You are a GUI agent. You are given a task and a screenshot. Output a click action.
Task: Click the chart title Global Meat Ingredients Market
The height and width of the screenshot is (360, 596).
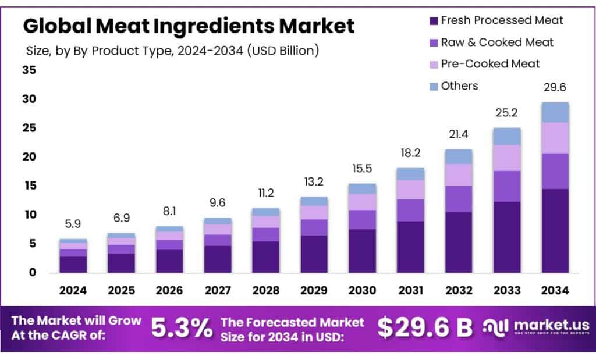click(188, 26)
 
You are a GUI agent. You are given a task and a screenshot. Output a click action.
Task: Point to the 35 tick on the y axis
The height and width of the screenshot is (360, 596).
click(29, 70)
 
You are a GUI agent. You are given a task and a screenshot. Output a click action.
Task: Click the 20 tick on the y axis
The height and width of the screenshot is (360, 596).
click(29, 157)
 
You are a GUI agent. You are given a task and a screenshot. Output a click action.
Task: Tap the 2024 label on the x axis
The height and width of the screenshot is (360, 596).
click(73, 289)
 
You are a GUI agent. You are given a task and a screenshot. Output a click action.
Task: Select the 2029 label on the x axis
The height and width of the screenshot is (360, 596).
click(314, 289)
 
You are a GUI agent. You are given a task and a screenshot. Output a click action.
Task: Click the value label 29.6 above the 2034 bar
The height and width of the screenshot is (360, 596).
click(555, 87)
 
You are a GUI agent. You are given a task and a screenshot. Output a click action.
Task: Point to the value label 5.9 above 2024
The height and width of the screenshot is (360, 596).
click(73, 224)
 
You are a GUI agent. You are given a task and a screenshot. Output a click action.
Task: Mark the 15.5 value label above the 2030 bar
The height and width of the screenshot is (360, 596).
click(362, 169)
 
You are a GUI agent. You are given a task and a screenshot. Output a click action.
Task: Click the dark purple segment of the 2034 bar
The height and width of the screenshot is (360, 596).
click(555, 230)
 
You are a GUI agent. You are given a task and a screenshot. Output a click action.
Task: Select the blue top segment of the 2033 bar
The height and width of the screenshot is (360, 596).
click(506, 136)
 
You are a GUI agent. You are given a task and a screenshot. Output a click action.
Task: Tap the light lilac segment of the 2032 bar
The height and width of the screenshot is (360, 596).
click(459, 175)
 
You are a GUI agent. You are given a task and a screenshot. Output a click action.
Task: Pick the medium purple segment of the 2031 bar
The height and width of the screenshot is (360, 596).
click(410, 210)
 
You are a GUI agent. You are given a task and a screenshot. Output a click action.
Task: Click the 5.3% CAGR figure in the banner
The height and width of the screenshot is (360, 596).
click(182, 329)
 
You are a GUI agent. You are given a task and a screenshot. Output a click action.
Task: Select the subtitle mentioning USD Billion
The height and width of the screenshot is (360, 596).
click(172, 51)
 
